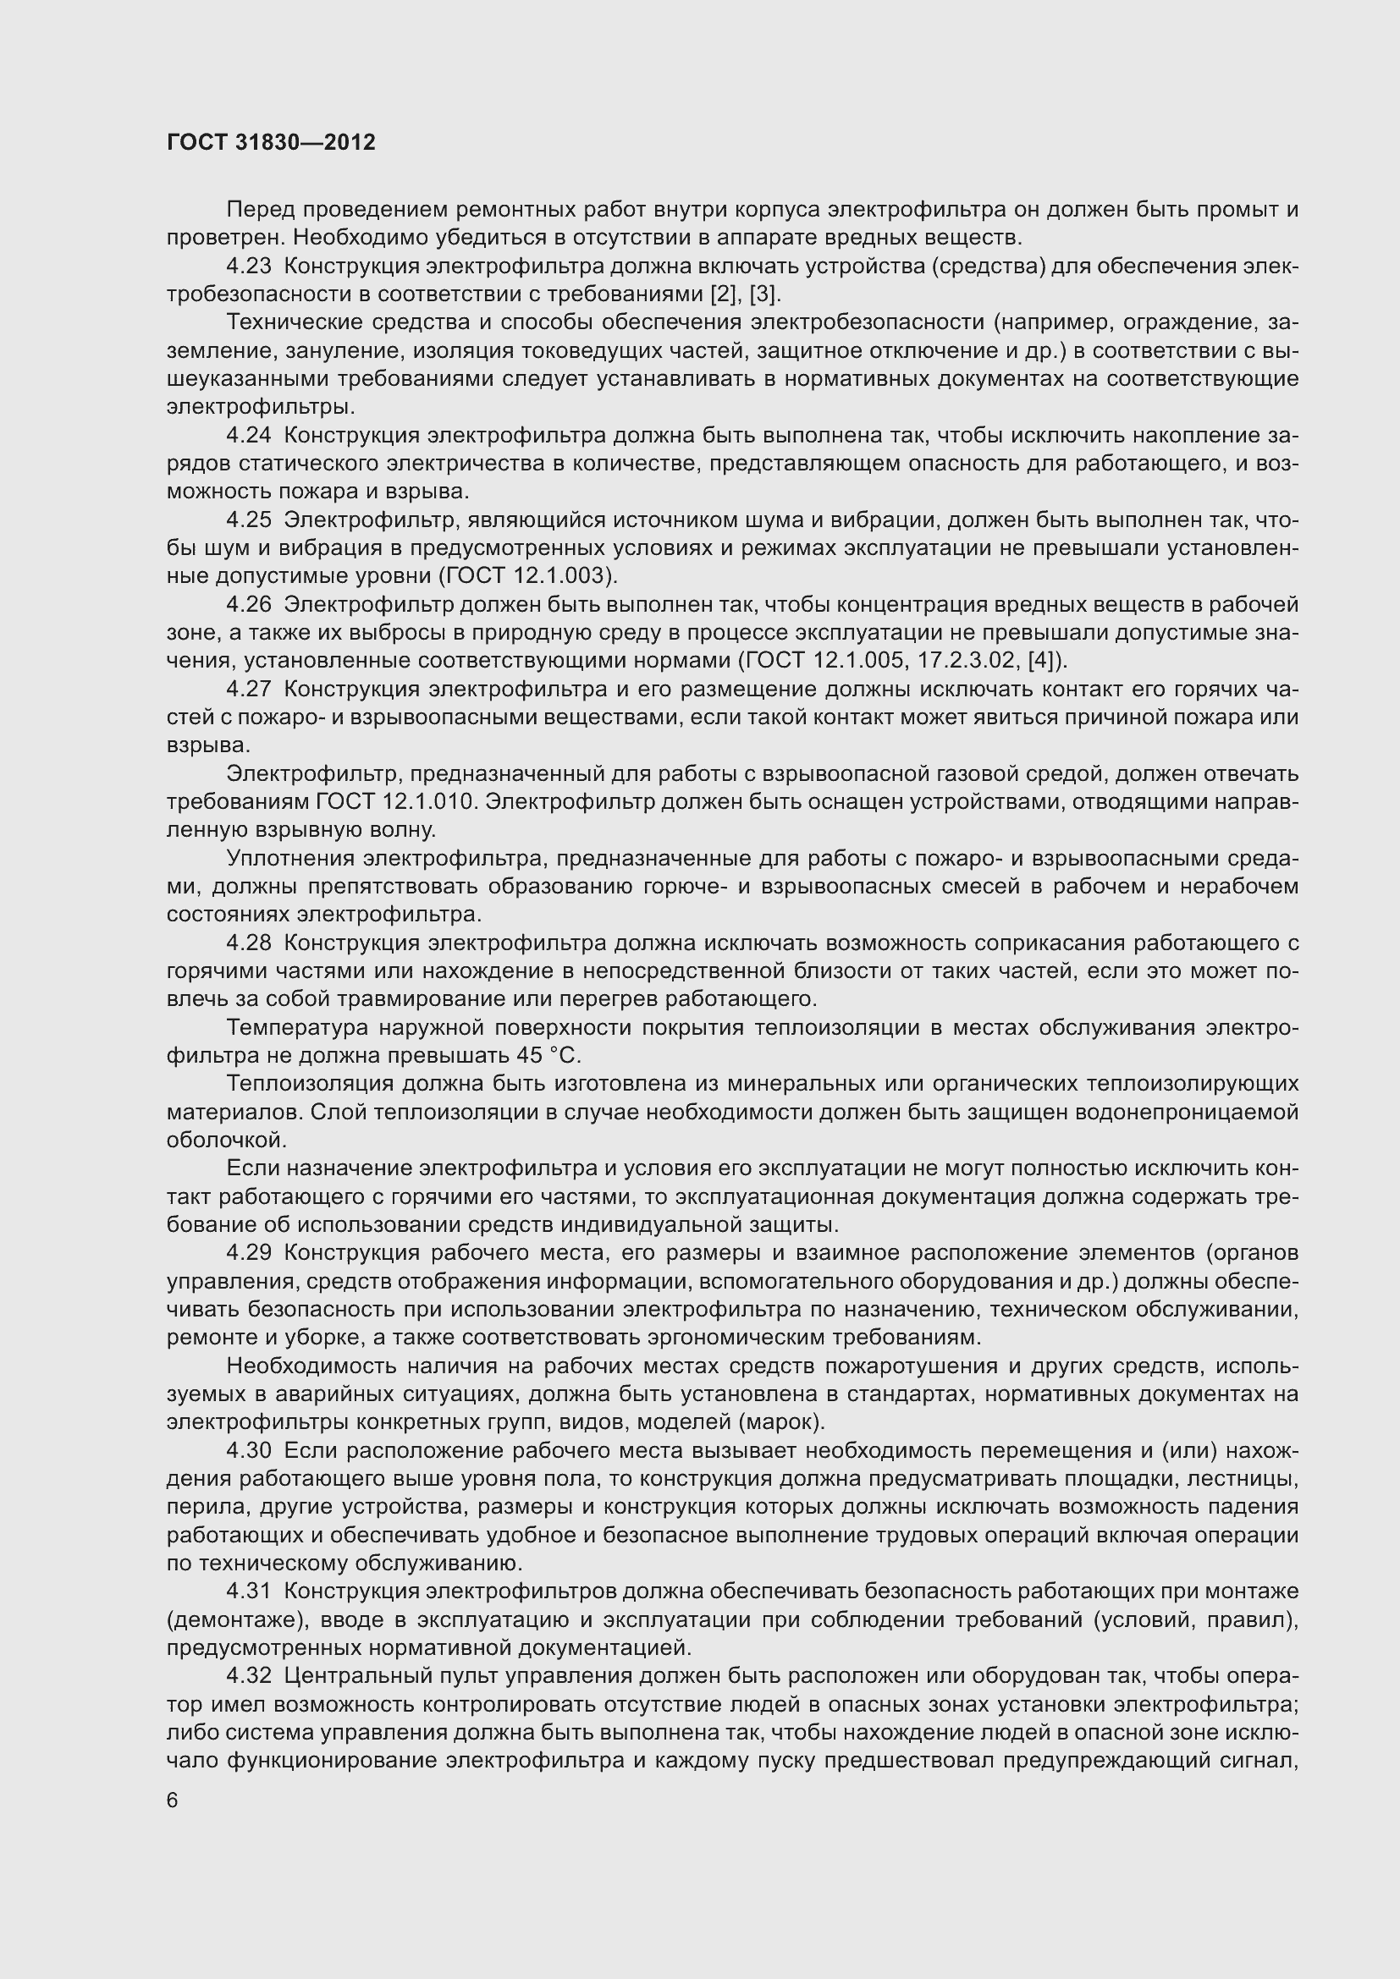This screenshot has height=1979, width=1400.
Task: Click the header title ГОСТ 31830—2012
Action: [x=271, y=142]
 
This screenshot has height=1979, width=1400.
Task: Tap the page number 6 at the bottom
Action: [x=173, y=1800]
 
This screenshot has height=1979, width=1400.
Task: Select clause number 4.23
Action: [x=248, y=267]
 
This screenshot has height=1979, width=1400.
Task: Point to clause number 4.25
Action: [x=248, y=519]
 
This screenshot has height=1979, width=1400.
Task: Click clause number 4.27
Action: [x=248, y=689]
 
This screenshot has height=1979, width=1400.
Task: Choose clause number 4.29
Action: [x=248, y=1252]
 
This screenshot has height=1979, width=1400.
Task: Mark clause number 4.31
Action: [x=248, y=1591]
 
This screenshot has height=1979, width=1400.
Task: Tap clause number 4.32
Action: [x=248, y=1675]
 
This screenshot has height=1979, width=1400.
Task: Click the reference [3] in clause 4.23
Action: [x=763, y=294]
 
